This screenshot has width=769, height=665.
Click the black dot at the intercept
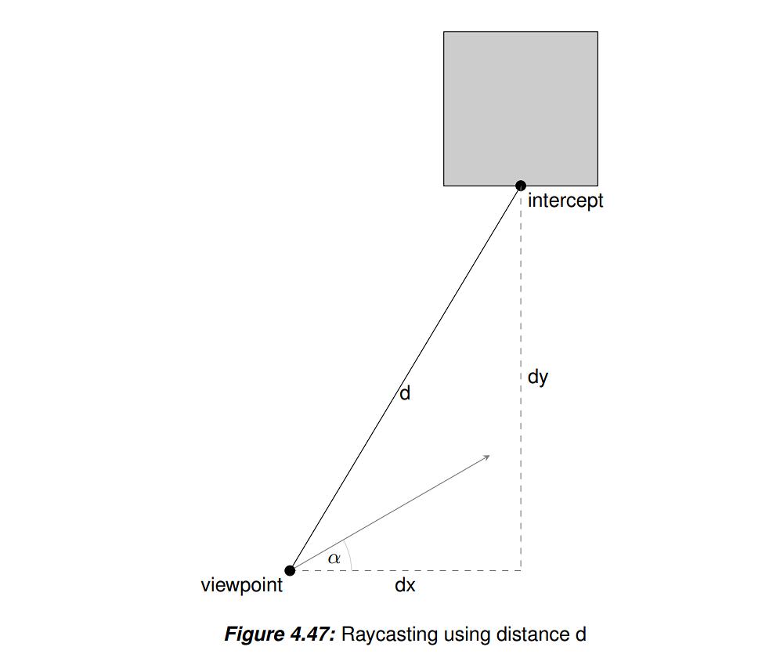(521, 186)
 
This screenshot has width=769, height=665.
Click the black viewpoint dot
(290, 570)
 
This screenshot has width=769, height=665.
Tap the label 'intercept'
(565, 201)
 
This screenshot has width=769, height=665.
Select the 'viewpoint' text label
(242, 585)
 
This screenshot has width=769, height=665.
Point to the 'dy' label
(537, 378)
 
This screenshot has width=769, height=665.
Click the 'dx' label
(405, 585)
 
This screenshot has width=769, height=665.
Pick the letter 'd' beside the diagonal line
(405, 393)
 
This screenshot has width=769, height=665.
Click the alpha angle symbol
(334, 558)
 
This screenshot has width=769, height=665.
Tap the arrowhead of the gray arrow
(486, 457)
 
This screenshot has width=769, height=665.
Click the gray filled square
(520, 109)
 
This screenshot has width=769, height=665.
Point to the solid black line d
(405, 378)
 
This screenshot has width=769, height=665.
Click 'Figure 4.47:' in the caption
(280, 634)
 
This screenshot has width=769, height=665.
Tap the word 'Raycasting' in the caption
(390, 635)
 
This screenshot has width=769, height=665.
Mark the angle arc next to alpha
(349, 555)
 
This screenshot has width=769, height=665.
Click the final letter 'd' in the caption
(581, 634)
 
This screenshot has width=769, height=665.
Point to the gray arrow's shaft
(390, 513)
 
